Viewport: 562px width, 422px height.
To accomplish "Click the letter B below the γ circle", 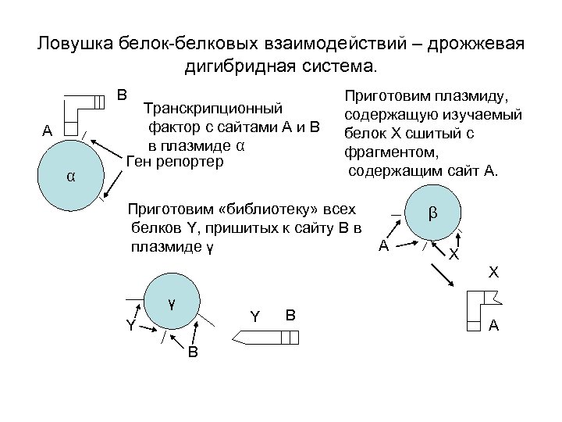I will click(192, 352).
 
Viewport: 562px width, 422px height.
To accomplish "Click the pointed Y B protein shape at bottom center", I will click(265, 337).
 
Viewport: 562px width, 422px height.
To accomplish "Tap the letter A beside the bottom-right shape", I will click(493, 327).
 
